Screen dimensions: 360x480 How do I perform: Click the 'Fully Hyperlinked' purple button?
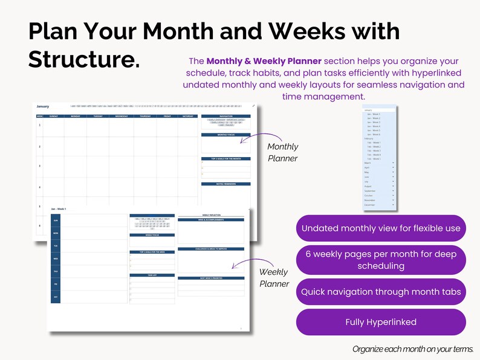click(x=381, y=322)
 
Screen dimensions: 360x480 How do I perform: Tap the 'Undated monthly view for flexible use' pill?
click(x=381, y=228)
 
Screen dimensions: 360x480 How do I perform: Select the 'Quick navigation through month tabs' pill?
click(x=381, y=292)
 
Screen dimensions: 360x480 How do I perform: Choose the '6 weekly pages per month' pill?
click(x=381, y=260)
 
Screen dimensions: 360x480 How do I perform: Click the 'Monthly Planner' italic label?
click(x=282, y=152)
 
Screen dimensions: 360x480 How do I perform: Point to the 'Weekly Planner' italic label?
click(x=274, y=278)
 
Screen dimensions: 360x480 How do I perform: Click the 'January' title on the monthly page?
click(x=42, y=106)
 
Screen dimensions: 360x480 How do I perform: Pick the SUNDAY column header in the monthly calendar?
click(x=53, y=115)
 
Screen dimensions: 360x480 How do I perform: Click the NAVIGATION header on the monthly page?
click(x=225, y=115)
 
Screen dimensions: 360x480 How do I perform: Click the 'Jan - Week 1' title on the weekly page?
click(x=59, y=208)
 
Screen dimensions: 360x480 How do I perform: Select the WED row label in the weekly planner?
click(x=56, y=259)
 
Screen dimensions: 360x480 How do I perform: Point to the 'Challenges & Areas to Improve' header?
click(x=210, y=248)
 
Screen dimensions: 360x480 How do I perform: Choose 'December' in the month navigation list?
click(x=370, y=205)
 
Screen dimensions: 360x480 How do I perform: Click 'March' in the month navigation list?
click(x=368, y=162)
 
